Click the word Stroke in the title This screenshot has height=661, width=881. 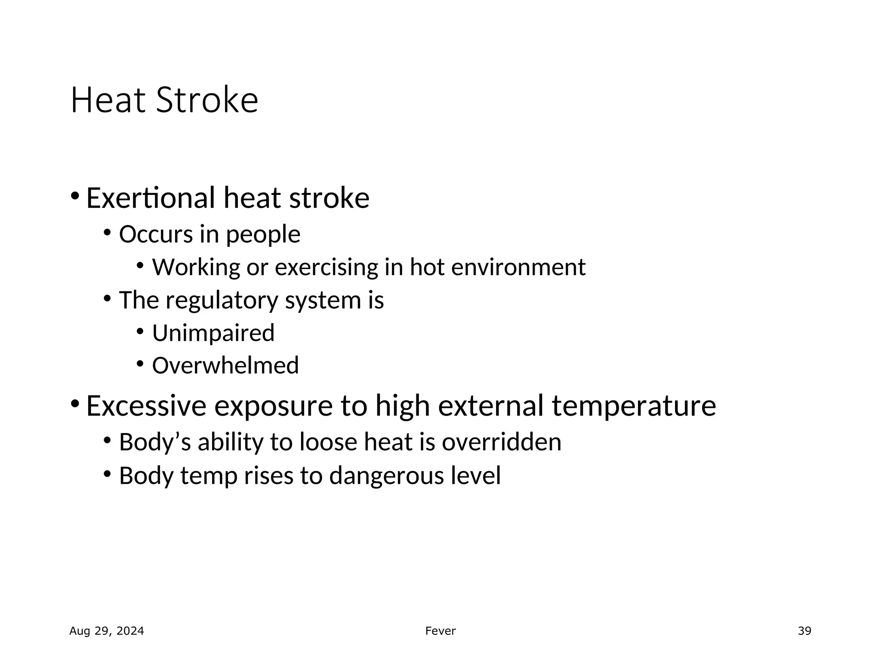click(207, 100)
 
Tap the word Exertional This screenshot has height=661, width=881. click(151, 198)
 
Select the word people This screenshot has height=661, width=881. click(263, 235)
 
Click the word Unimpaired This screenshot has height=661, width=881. click(213, 333)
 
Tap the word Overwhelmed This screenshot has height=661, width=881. click(225, 365)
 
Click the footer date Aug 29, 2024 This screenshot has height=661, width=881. click(107, 631)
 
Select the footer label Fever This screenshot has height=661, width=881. click(440, 631)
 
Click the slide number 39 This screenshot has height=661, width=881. click(804, 631)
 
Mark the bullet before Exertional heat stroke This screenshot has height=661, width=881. click(75, 196)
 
